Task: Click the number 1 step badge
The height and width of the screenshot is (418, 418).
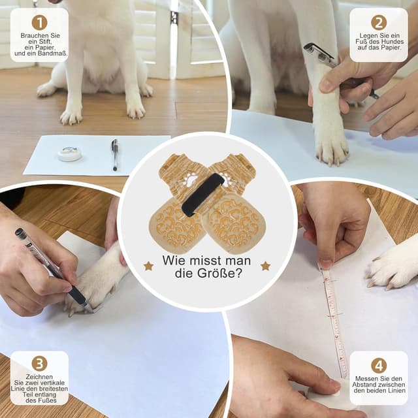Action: (x=40, y=23)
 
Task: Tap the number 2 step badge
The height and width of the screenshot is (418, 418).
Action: (x=379, y=23)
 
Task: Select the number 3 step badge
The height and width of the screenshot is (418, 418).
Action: (x=40, y=364)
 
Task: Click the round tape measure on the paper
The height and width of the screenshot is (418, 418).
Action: (x=69, y=154)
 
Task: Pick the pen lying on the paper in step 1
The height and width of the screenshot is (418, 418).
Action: (x=115, y=154)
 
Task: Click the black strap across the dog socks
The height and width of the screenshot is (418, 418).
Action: (x=202, y=194)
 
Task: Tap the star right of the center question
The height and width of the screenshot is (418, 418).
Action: (x=265, y=266)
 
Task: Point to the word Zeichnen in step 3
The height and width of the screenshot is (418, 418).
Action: (x=40, y=377)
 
